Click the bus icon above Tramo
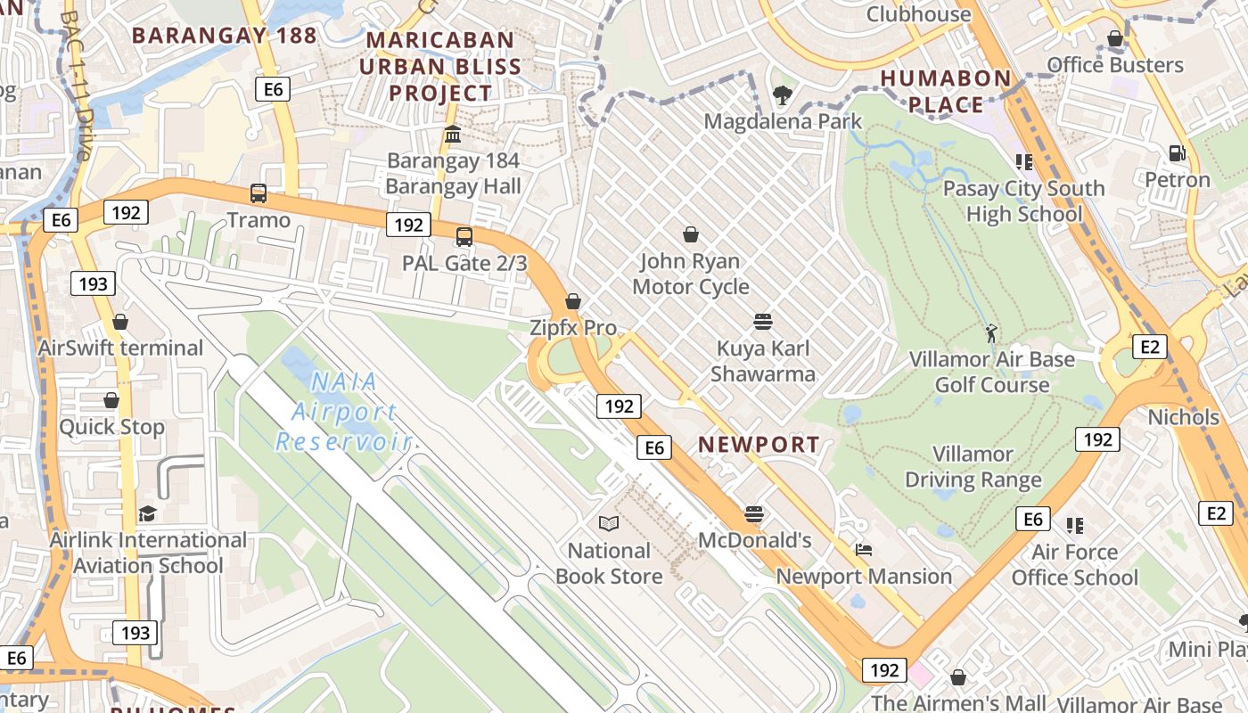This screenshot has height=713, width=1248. (259, 193)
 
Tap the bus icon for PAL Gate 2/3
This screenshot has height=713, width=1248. (464, 236)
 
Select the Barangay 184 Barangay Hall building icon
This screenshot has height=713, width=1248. (453, 135)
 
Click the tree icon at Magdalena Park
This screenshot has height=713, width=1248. (783, 94)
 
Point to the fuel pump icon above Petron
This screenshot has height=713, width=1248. (1178, 152)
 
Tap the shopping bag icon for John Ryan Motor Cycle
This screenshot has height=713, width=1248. (691, 234)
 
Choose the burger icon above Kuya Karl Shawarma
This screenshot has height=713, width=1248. (762, 321)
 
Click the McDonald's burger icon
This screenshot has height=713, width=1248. (754, 513)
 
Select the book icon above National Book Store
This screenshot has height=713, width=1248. (609, 523)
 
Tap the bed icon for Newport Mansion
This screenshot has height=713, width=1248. (863, 550)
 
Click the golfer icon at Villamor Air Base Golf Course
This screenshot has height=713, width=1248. (991, 333)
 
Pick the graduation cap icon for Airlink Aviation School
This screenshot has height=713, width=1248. (147, 514)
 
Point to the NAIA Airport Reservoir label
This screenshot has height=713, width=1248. (343, 412)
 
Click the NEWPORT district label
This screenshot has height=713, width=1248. (759, 445)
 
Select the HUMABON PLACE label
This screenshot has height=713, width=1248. (946, 91)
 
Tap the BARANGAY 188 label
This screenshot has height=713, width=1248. (224, 36)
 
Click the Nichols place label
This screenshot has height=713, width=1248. (1183, 417)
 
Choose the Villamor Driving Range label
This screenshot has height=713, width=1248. (973, 467)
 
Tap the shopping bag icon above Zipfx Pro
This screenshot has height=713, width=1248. (573, 301)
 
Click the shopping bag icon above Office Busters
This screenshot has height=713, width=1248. (1114, 38)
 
